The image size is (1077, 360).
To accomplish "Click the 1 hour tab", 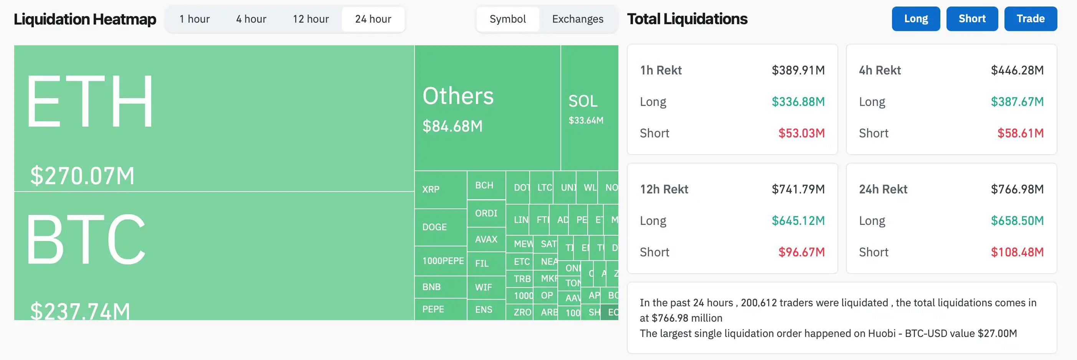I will [195, 19].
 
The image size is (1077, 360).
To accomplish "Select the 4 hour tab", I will [251, 19].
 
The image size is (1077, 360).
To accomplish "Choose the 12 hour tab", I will [311, 19].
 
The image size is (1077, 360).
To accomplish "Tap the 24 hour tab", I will [373, 19].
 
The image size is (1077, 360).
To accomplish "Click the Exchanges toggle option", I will [577, 19].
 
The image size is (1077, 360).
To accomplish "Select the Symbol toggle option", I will [507, 19].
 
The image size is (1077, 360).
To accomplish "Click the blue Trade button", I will [1030, 19].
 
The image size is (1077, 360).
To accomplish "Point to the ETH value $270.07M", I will [83, 176].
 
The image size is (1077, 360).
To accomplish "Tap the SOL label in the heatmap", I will [583, 101].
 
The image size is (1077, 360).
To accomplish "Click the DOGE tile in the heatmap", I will [434, 227].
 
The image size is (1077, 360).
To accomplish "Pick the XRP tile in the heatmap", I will [431, 190].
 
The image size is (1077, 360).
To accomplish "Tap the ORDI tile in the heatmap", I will [486, 213].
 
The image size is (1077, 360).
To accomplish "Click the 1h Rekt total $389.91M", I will [798, 70].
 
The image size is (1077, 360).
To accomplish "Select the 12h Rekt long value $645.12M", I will [798, 221].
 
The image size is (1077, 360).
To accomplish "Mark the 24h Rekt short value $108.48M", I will [1017, 252].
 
